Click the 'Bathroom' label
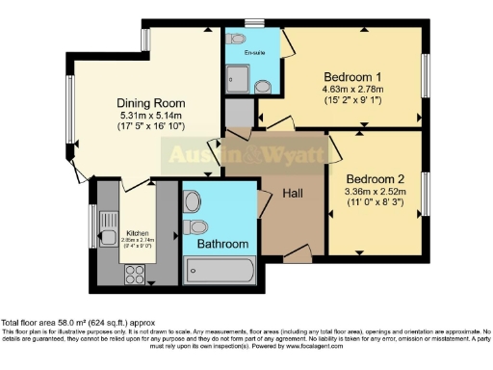pos(222,244)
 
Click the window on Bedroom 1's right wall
pos(425,75)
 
